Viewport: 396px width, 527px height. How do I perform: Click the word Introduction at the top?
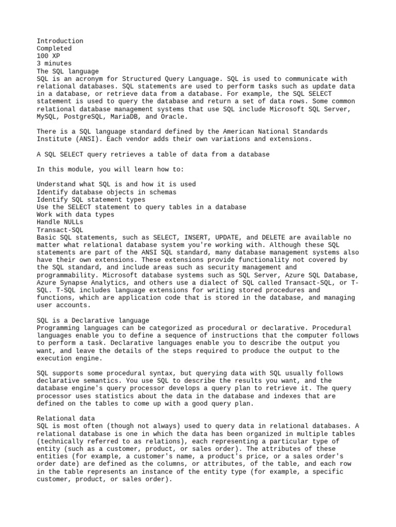click(60, 41)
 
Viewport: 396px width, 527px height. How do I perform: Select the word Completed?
click(54, 48)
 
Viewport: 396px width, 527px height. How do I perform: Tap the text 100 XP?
click(48, 56)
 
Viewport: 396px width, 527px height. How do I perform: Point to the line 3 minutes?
click(54, 64)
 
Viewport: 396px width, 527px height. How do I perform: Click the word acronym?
click(85, 79)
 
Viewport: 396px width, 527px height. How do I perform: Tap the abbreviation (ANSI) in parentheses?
click(84, 139)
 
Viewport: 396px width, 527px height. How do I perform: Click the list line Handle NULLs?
click(60, 222)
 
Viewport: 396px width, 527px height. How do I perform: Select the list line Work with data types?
click(75, 215)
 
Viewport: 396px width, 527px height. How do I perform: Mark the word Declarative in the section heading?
click(89, 320)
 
